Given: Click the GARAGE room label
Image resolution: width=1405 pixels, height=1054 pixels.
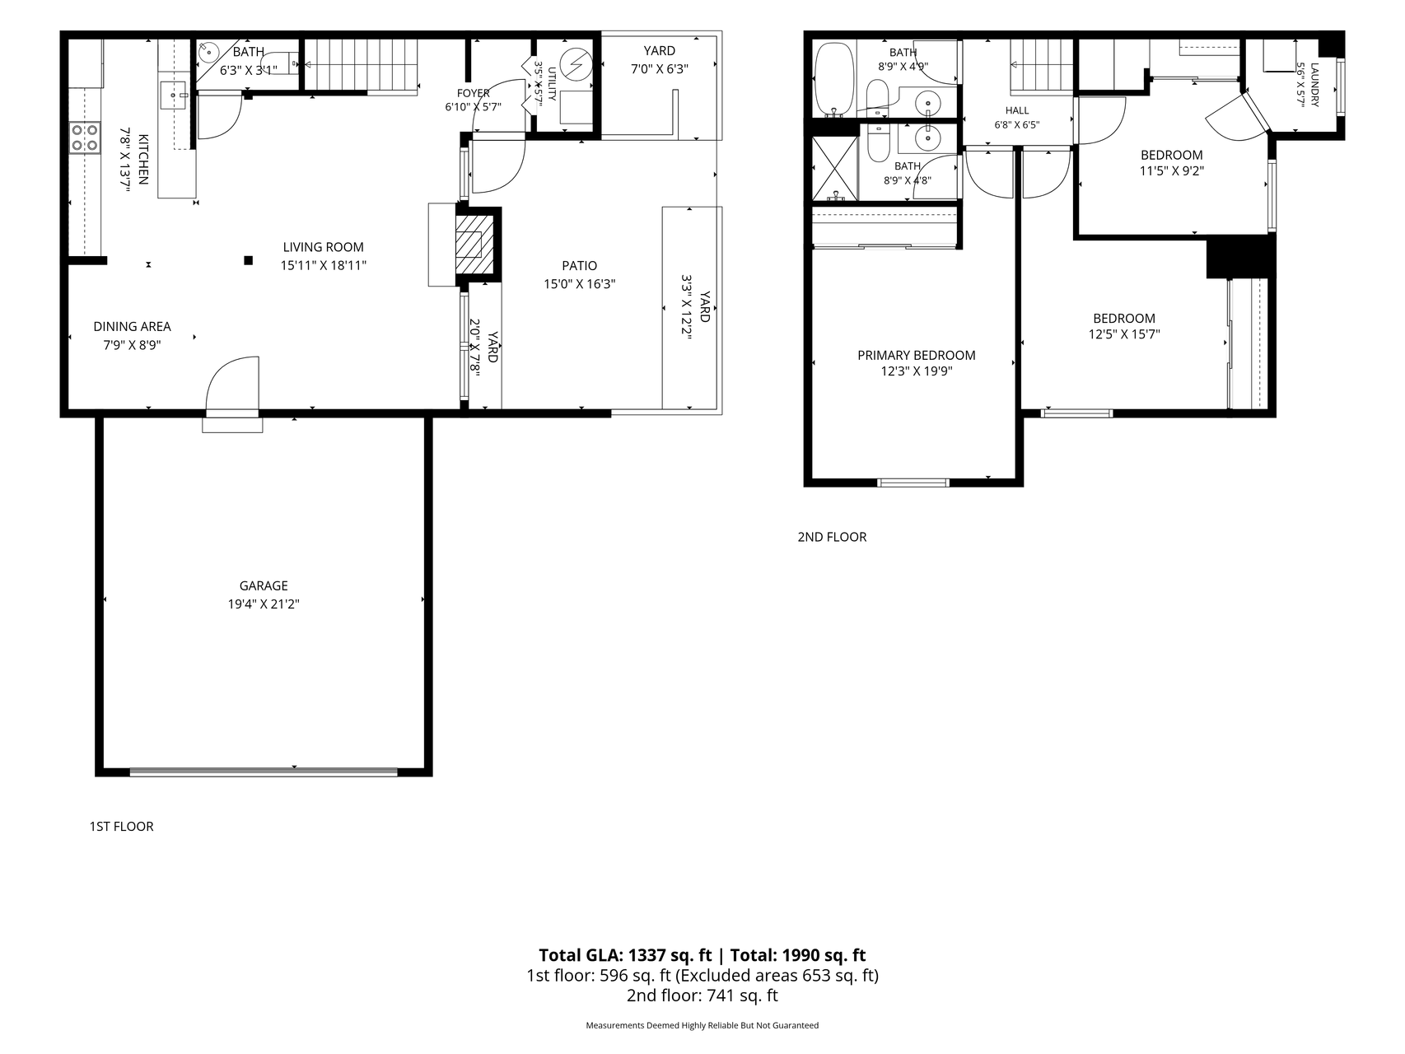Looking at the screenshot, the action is pyautogui.click(x=264, y=585).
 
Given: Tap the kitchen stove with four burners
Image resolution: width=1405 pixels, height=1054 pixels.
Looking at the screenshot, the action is pyautogui.click(x=85, y=138).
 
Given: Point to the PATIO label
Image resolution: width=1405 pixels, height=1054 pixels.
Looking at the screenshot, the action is pyautogui.click(x=580, y=265).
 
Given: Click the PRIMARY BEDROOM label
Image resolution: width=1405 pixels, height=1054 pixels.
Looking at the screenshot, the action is pyautogui.click(x=916, y=355).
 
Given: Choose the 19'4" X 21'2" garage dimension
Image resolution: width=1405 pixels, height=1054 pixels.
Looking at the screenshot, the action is pyautogui.click(x=264, y=604).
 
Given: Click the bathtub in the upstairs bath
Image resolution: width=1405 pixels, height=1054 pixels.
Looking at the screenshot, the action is pyautogui.click(x=834, y=80).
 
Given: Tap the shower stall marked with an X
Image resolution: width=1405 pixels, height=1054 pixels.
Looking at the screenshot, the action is pyautogui.click(x=834, y=169).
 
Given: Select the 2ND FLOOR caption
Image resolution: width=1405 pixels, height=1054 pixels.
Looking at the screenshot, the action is pyautogui.click(x=832, y=537).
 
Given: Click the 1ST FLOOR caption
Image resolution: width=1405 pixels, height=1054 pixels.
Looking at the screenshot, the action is pyautogui.click(x=121, y=826).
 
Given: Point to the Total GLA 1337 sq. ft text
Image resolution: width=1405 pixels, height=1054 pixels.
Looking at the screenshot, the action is pyautogui.click(x=625, y=955).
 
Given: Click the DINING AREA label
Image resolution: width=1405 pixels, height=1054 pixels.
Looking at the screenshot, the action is pyautogui.click(x=132, y=327).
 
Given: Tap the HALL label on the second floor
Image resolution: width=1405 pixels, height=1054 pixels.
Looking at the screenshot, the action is pyautogui.click(x=1017, y=110).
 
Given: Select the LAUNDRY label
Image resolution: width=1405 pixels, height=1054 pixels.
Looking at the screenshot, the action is pyautogui.click(x=1314, y=85).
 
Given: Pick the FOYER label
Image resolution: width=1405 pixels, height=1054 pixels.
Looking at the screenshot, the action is pyautogui.click(x=474, y=93).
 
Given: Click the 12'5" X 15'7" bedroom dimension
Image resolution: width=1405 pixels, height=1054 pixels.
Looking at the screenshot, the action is pyautogui.click(x=1124, y=334).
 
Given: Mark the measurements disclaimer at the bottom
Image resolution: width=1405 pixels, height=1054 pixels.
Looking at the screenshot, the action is pyautogui.click(x=702, y=1025).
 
